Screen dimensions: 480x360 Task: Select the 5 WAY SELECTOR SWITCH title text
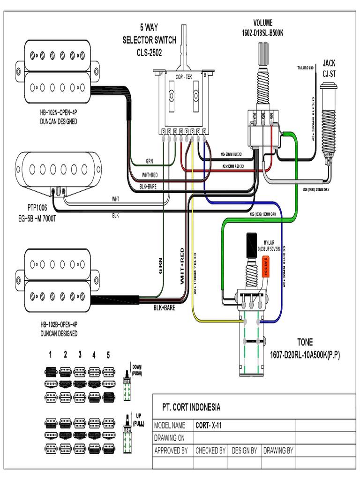[x=149, y=40]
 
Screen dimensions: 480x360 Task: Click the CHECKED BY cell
[x=210, y=450]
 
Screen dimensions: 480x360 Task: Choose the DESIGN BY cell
[x=244, y=450]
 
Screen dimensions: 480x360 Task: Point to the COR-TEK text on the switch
[x=183, y=76]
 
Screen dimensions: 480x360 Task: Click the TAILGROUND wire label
[x=305, y=68]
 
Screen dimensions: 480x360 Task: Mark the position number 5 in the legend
[x=108, y=355]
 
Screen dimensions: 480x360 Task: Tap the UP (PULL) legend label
[x=138, y=419]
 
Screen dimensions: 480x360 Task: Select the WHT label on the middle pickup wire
[x=115, y=199]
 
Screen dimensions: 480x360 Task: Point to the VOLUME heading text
[x=262, y=22]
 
